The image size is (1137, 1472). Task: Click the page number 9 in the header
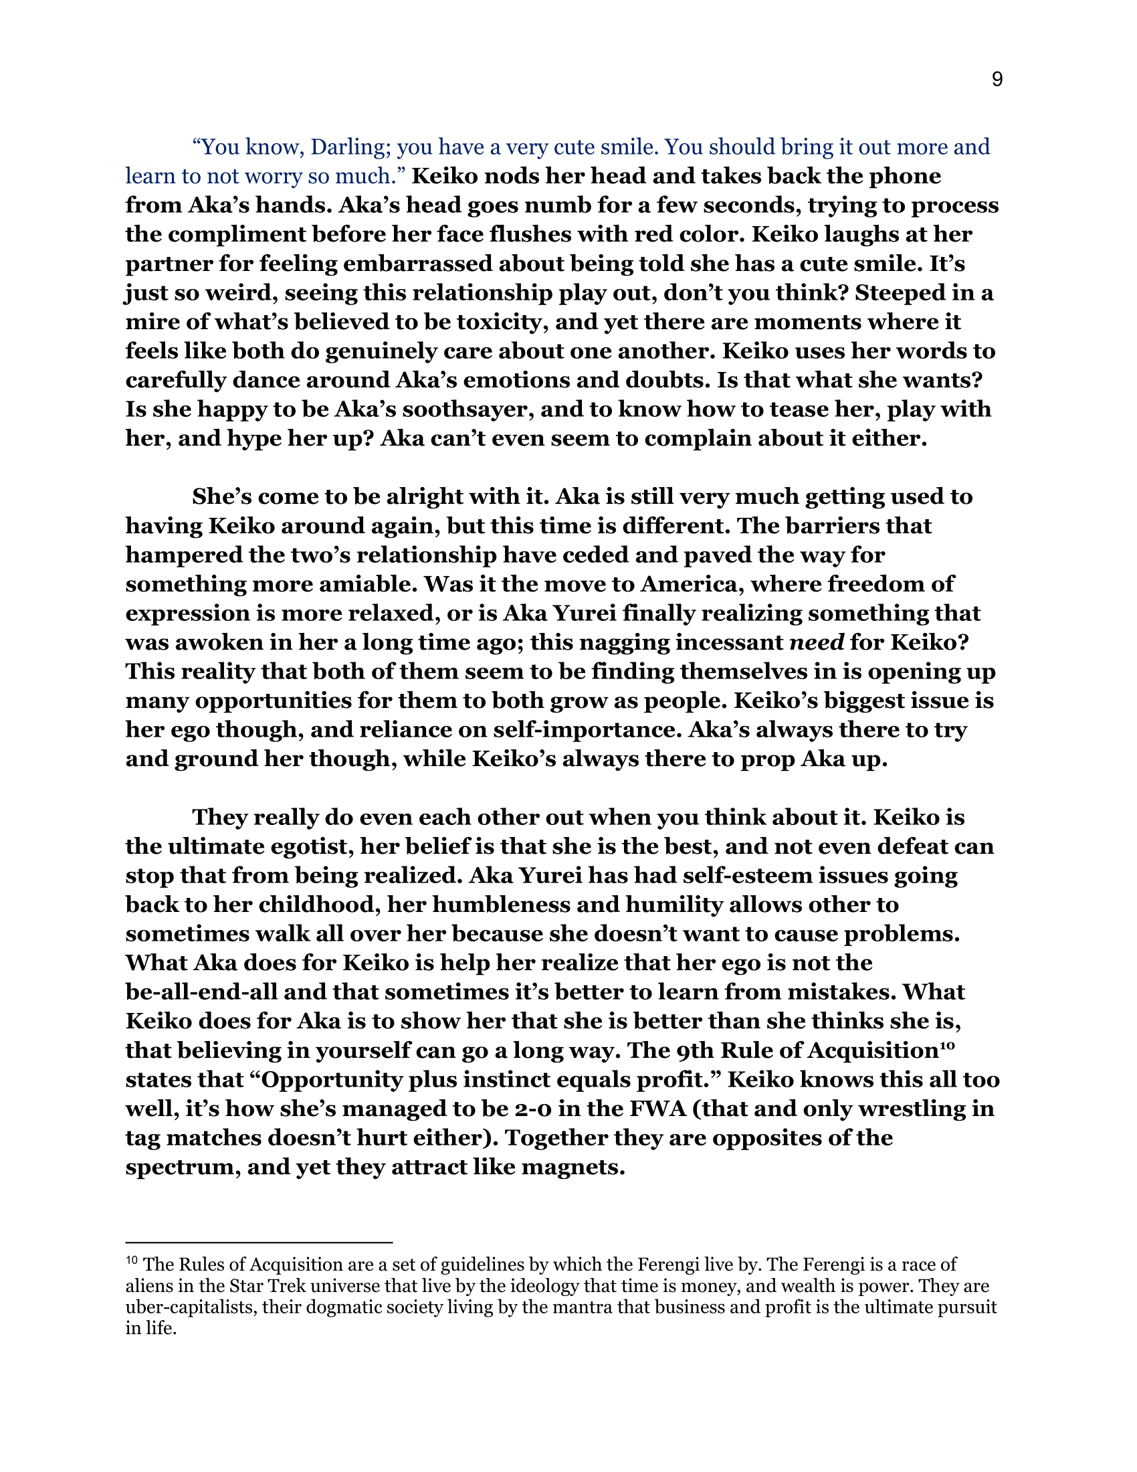point(997,80)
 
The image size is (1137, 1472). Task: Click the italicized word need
point(817,642)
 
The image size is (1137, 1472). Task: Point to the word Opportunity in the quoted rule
point(329,1080)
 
